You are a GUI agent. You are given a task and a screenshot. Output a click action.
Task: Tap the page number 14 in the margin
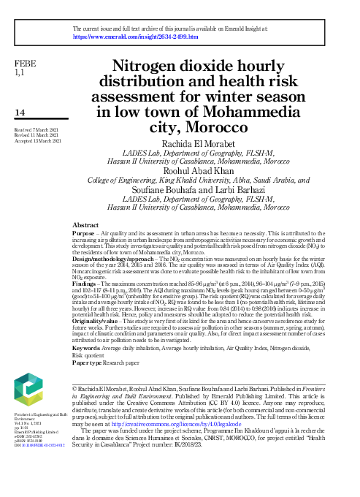coord(20,113)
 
